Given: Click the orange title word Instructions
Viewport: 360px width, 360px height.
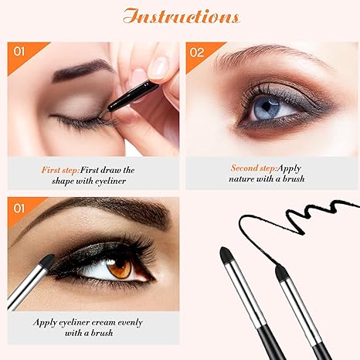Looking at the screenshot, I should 179,16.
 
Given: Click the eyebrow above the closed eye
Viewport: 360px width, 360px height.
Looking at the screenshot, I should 77,71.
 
